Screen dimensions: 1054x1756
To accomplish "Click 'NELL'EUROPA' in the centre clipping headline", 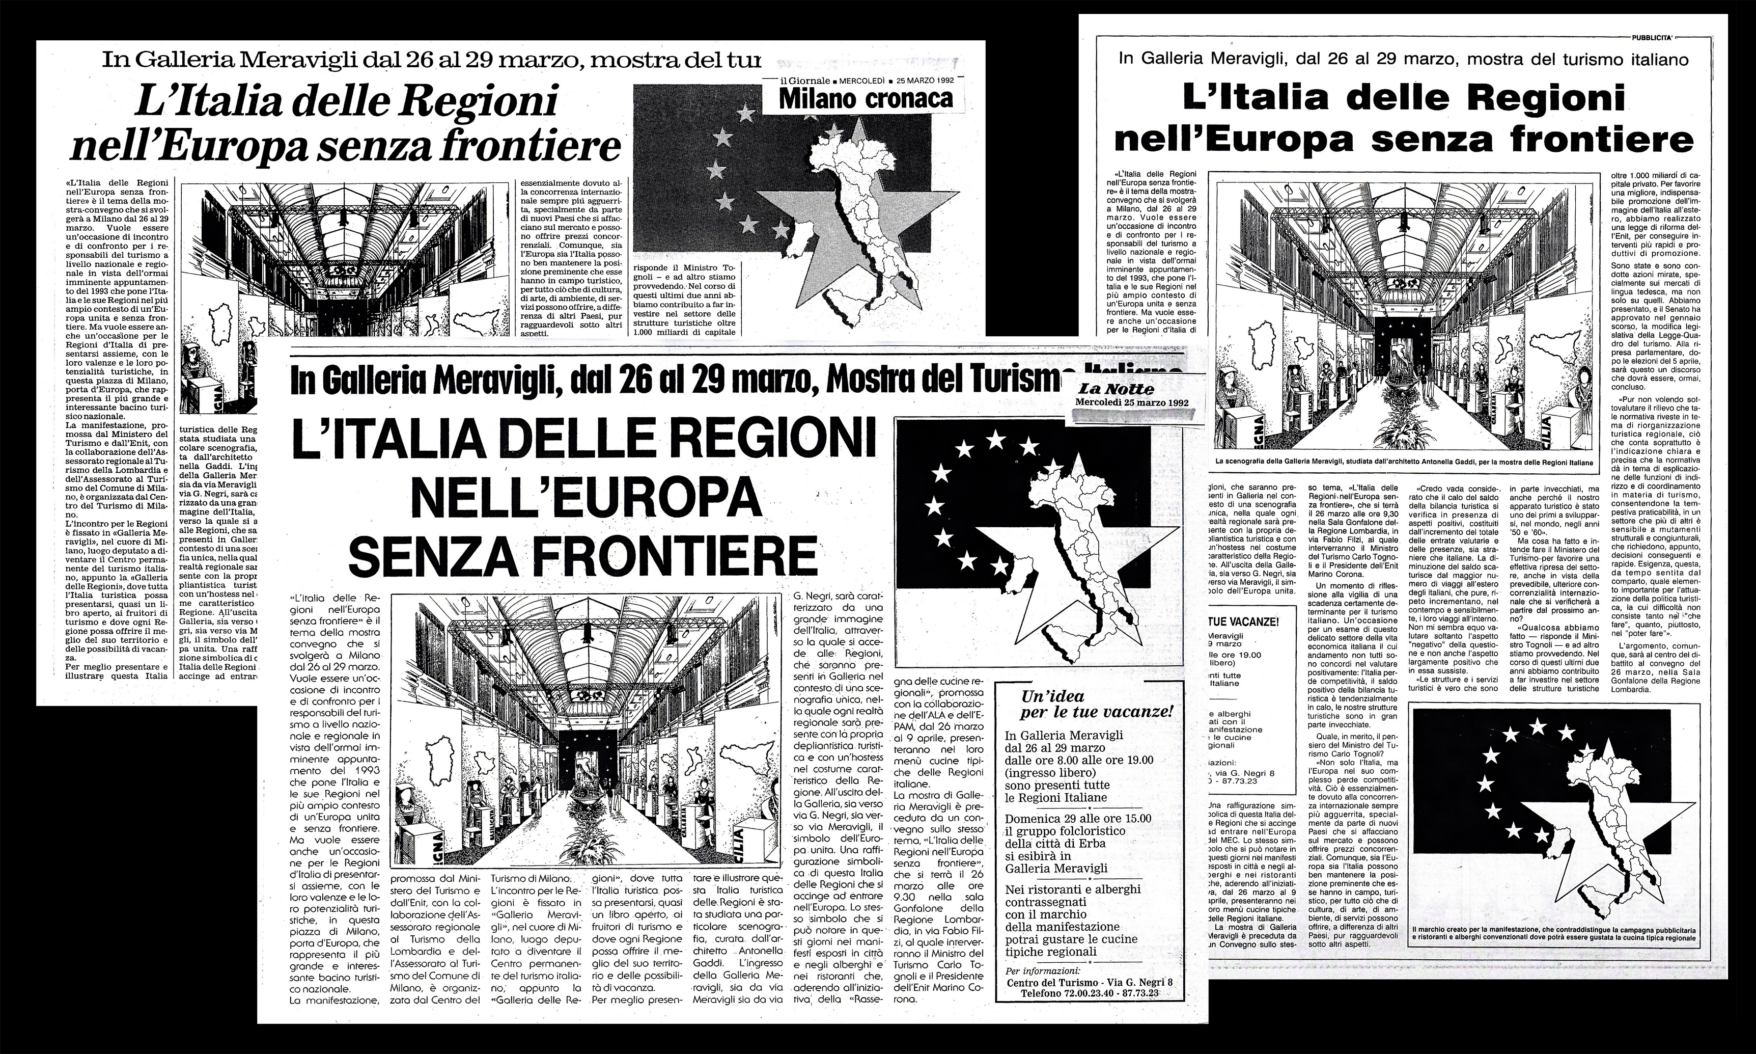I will coord(585,499).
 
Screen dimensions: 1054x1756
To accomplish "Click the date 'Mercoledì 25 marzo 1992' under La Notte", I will coord(1131,403).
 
